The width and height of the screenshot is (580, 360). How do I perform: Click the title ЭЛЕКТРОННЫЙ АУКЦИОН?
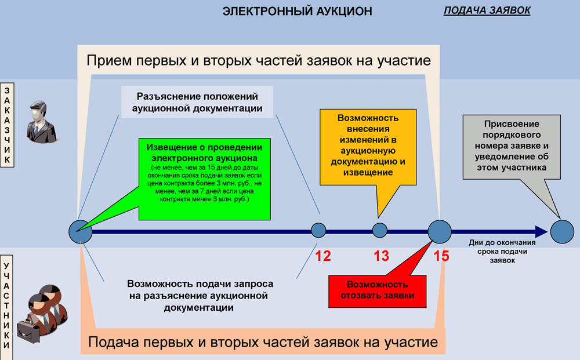[x=297, y=12]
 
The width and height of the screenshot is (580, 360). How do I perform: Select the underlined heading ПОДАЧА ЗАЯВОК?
[x=487, y=11]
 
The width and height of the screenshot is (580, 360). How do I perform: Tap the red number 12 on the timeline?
[x=323, y=256]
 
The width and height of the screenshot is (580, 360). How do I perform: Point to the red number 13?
[x=381, y=256]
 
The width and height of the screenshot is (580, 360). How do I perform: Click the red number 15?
[x=441, y=256]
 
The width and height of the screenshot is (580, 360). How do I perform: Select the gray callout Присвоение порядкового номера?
[x=512, y=146]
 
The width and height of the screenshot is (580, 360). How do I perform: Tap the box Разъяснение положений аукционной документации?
[x=197, y=102]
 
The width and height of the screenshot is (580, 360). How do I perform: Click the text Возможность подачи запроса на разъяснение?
[x=200, y=296]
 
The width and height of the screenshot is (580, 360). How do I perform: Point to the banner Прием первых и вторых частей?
[x=259, y=60]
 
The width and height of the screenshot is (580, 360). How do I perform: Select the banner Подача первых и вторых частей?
[x=263, y=342]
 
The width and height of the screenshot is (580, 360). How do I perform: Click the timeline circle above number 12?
[x=318, y=231]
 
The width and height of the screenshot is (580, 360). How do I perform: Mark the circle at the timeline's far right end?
[x=562, y=232]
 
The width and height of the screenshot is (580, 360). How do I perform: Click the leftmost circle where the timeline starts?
[x=81, y=232]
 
